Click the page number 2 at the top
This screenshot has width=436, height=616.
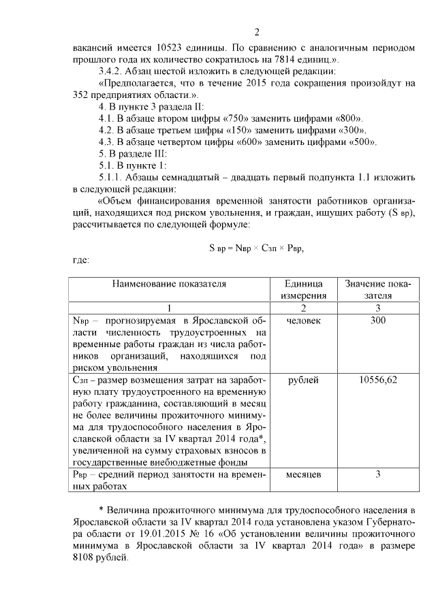coord(257,32)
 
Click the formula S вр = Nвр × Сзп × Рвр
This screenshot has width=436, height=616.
coord(256,248)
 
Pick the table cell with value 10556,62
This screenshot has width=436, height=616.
coord(378,380)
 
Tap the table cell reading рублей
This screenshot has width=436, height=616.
coord(302,380)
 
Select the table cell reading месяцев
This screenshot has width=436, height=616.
coord(302,474)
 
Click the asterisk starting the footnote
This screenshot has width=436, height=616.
coord(102,509)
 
